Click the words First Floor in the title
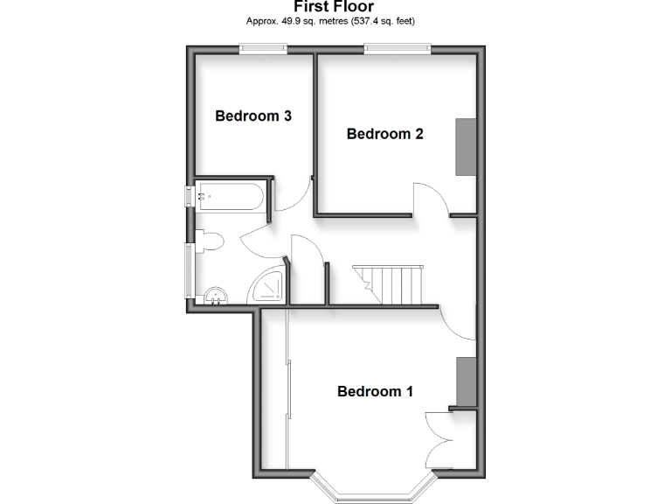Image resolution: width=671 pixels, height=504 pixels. [x=335, y=7]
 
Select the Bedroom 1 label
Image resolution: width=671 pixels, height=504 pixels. [x=375, y=391]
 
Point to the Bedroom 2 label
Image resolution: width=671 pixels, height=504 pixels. [x=384, y=134]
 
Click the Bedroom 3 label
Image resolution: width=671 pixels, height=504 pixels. [x=252, y=115]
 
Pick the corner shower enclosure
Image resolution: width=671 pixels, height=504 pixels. [x=266, y=287]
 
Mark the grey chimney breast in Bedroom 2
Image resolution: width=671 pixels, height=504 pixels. [x=465, y=146]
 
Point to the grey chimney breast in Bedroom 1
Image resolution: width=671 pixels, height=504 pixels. [x=465, y=381]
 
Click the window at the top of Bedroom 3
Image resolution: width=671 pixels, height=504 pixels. [x=264, y=50]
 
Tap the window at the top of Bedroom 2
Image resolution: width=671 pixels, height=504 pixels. [x=398, y=50]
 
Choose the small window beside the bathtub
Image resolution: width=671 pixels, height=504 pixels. [x=188, y=196]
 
